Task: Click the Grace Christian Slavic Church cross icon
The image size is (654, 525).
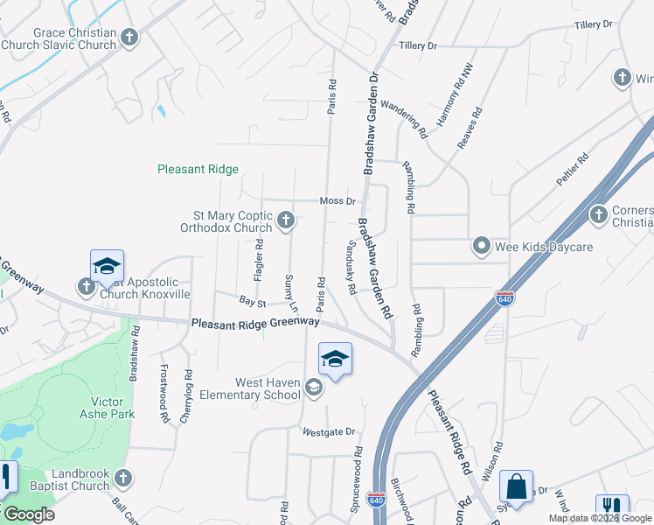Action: tap(130, 37)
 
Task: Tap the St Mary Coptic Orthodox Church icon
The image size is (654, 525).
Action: tap(286, 222)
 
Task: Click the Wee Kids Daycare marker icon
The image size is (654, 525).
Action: tap(481, 247)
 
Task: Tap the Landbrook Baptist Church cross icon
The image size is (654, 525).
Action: tap(123, 479)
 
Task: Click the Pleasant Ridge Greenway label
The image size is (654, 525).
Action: tap(255, 323)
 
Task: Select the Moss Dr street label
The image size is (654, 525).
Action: tap(337, 201)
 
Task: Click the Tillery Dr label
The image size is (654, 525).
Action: tap(417, 45)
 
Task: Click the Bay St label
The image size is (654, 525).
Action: tap(252, 302)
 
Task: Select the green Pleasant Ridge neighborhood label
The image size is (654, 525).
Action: tap(198, 170)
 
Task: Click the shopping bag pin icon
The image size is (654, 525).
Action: tap(516, 486)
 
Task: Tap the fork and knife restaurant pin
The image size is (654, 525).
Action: tap(612, 507)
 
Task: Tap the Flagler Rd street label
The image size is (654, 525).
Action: tap(259, 261)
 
